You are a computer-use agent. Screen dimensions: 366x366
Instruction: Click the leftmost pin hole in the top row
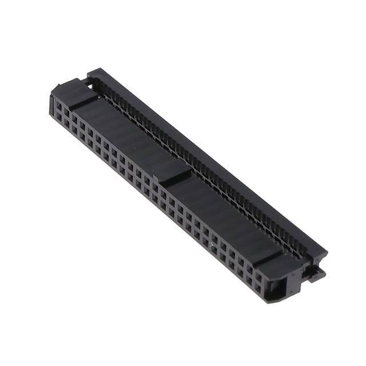pos(59,105)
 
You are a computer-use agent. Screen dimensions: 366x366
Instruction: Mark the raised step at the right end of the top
pos(269,255)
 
